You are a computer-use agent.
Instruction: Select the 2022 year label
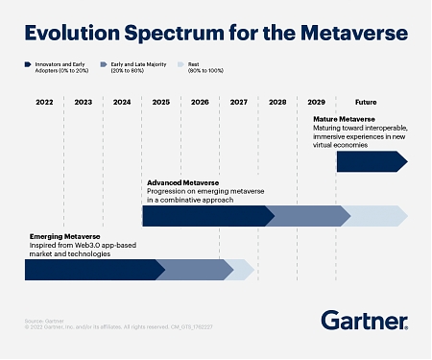pyautogui.click(x=44, y=102)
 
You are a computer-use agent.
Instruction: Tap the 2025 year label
pyautogui.click(x=160, y=102)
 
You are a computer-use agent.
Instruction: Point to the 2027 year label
pyautogui.click(x=238, y=102)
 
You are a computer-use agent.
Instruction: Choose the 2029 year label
pyautogui.click(x=316, y=102)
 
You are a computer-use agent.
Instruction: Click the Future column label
pyautogui.click(x=366, y=102)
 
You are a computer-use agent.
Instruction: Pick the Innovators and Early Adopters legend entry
pyautogui.click(x=57, y=69)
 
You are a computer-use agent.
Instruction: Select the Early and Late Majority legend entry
pyautogui.click(x=145, y=69)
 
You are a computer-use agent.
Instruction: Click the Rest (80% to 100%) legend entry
pyautogui.click(x=209, y=69)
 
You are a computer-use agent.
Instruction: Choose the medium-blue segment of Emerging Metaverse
pyautogui.click(x=194, y=270)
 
